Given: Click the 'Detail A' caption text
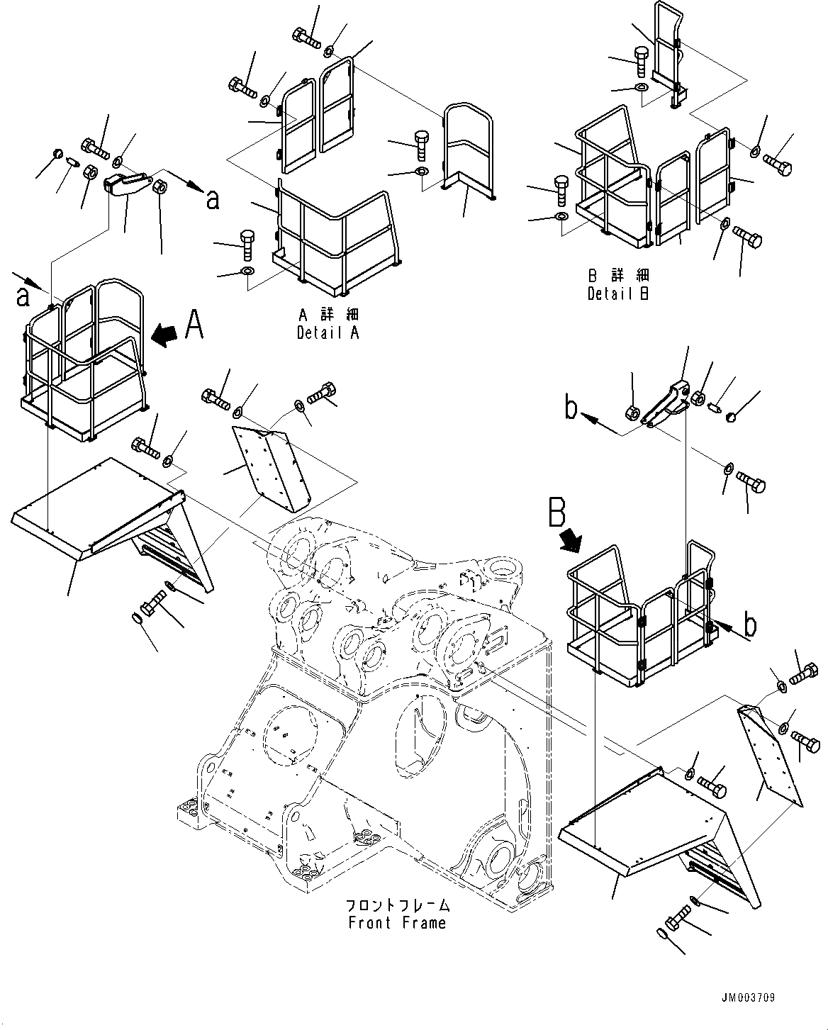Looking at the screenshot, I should tap(328, 332).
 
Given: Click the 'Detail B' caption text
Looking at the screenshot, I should tap(617, 293).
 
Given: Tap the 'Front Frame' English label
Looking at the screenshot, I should tap(397, 923).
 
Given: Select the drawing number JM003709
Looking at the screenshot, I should tap(749, 998).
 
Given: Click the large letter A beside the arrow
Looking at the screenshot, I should tap(194, 328).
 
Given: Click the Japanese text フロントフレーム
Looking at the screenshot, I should tap(397, 905).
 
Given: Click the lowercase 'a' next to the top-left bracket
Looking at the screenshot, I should tap(211, 201).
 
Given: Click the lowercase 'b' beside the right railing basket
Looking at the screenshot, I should tap(749, 626).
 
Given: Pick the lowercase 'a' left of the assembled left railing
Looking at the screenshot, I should tap(23, 296).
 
